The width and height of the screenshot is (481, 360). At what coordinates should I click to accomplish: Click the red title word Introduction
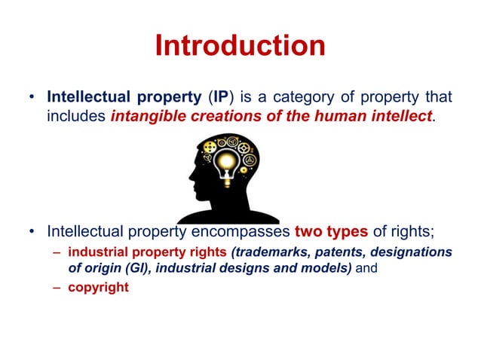240,46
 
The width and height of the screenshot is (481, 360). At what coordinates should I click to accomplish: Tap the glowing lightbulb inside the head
224,160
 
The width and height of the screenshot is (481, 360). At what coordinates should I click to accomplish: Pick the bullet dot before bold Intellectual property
31,99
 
